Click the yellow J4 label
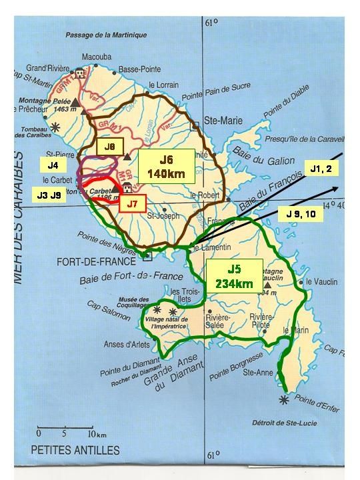[x=53, y=163]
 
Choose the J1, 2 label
[x=323, y=170]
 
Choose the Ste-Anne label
[x=258, y=373]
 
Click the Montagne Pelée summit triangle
[x=75, y=102]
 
